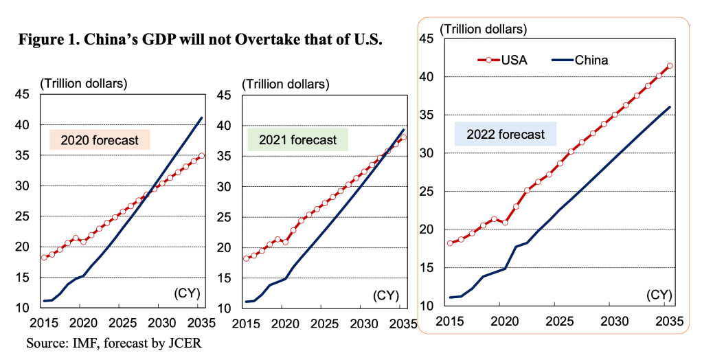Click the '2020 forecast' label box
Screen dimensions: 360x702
[100, 141]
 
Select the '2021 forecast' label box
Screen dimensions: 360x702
[297, 140]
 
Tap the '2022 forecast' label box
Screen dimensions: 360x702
[505, 135]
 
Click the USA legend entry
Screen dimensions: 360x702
[503, 60]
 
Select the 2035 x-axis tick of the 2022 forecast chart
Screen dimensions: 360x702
[669, 321]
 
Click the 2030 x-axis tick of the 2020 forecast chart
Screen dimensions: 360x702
[161, 323]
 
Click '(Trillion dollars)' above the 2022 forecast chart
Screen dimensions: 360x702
[483, 29]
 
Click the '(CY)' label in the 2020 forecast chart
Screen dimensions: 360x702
[185, 294]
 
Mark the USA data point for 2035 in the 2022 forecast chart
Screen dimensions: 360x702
[669, 67]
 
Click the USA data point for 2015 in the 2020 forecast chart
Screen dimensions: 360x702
[44, 258]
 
